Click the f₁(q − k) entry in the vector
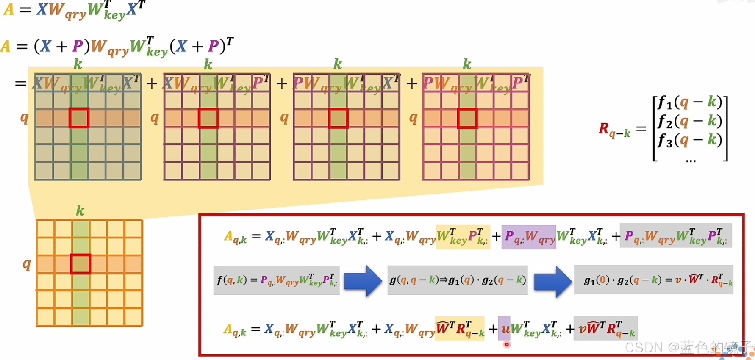point(690,102)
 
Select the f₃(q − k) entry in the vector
point(690,140)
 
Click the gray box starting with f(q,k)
point(277,280)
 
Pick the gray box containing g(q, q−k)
point(458,280)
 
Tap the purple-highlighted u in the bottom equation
point(505,329)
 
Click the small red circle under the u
point(507,344)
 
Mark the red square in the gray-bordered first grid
point(79,118)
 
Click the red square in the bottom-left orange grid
point(80,264)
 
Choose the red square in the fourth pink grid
point(467,118)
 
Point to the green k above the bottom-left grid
point(80,210)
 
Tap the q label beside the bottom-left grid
point(27,264)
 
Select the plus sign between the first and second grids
point(152,83)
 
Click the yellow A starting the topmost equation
point(8,9)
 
